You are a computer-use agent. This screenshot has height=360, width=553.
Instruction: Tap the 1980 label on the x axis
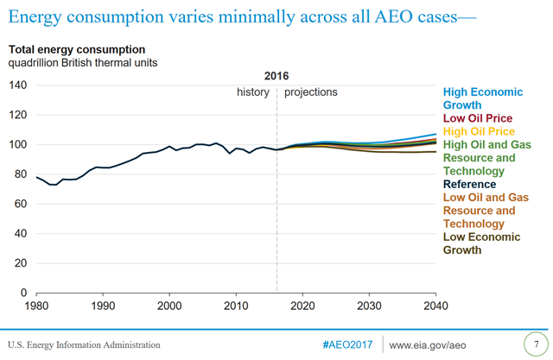pyautogui.click(x=36, y=306)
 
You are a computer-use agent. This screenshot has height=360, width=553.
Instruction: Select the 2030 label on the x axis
pyautogui.click(x=369, y=306)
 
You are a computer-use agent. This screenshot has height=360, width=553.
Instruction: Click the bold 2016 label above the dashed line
pyautogui.click(x=276, y=76)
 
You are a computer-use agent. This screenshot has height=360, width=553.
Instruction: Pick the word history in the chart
pyautogui.click(x=253, y=92)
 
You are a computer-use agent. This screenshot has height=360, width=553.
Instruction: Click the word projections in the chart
pyautogui.click(x=310, y=92)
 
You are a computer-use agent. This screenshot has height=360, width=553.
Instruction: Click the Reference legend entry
pyautogui.click(x=469, y=184)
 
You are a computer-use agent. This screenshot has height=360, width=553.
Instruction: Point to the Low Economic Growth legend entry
pyautogui.click(x=481, y=243)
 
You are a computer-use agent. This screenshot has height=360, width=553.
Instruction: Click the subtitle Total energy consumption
pyautogui.click(x=78, y=50)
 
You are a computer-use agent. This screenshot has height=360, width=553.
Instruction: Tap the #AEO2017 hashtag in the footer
pyautogui.click(x=348, y=344)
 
